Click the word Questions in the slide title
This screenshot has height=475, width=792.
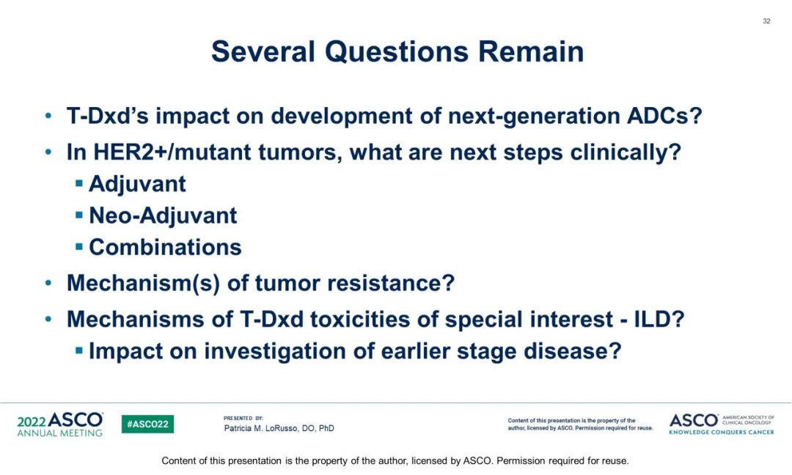397,52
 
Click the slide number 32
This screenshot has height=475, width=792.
766,21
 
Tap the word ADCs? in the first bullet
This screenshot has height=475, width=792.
664,116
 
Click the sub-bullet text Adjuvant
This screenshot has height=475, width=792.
137,184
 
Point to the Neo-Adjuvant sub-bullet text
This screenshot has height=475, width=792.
163,216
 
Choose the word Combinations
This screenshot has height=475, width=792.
165,247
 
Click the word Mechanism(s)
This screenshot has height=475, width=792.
143,283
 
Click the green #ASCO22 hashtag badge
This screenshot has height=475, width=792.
147,424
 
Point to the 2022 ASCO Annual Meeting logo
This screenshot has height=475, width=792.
60,424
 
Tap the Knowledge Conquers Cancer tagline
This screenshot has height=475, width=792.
722,432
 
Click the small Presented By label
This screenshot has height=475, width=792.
243,418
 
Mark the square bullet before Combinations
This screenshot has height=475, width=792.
78,247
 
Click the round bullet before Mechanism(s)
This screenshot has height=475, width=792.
48,283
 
